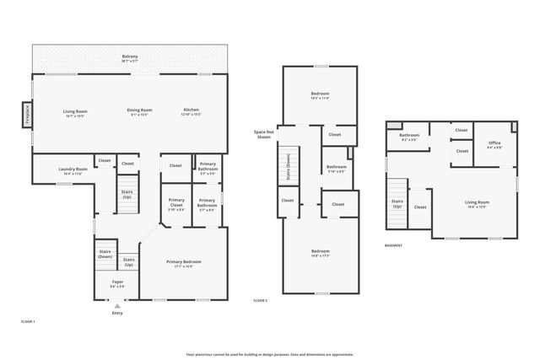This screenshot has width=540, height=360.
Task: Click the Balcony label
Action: pos(129,58)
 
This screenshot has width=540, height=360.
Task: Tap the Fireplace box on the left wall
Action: pos(27,113)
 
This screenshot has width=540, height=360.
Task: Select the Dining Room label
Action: pos(139,111)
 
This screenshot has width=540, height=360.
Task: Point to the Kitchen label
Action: pos(192,111)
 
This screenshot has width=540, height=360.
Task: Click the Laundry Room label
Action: pos(73,171)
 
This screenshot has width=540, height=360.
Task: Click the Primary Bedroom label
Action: pos(183,263)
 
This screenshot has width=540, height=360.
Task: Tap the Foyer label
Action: pos(116,284)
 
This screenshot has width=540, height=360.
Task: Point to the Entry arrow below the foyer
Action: pos(116,306)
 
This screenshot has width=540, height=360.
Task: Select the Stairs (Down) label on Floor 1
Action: pos(105,254)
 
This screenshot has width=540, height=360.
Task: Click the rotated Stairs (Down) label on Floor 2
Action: pos(289,168)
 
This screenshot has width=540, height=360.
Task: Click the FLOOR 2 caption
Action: pos(261,301)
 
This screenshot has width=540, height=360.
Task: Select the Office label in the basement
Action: pos(494,144)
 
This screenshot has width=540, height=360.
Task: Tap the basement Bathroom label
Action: pos(409,137)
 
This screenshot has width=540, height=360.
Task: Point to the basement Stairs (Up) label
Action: pos(397,204)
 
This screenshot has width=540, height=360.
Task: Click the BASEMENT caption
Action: pos(393,245)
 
